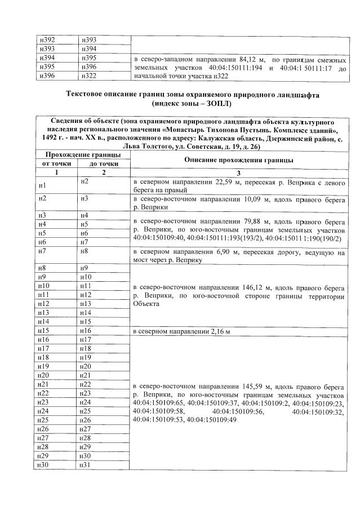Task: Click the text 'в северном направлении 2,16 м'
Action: (181, 331)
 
